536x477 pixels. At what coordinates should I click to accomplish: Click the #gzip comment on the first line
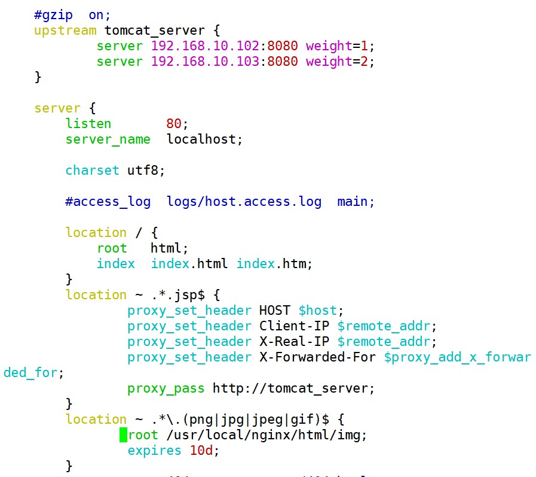(53, 14)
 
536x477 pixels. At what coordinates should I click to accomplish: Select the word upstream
(65, 30)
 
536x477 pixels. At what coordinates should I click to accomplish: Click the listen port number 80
(174, 123)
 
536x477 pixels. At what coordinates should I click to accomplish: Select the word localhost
(201, 139)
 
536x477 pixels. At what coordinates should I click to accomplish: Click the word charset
(93, 170)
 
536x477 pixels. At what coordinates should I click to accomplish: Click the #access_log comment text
(108, 201)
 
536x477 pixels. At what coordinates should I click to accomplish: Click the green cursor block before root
(124, 435)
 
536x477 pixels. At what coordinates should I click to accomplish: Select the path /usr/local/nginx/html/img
(263, 435)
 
